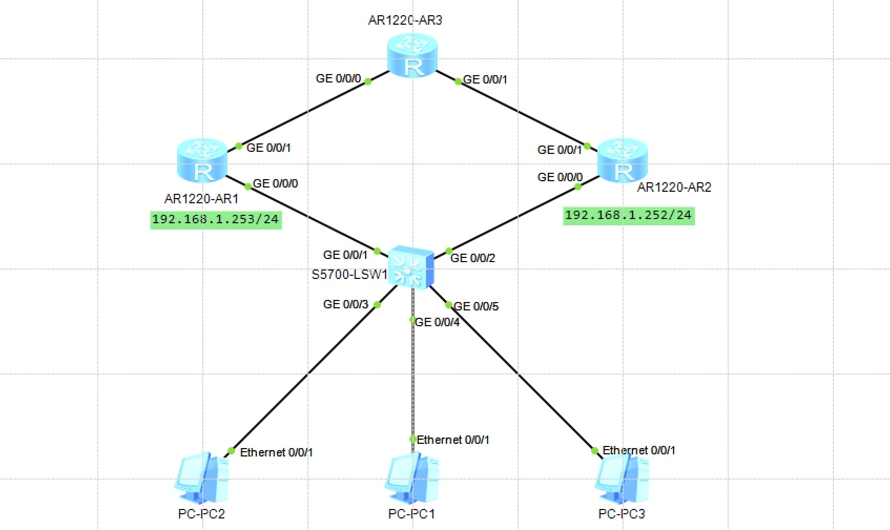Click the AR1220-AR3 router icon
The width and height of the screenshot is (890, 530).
click(412, 55)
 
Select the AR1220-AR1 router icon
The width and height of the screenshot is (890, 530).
click(202, 160)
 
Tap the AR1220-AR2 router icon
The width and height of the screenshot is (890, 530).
click(623, 160)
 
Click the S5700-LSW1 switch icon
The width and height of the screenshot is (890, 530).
click(411, 267)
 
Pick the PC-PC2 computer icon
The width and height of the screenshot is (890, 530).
click(202, 478)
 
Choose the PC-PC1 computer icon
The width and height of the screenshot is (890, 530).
click(412, 478)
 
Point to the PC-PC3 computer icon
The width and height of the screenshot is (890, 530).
click(622, 478)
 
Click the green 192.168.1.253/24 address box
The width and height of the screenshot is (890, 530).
click(216, 220)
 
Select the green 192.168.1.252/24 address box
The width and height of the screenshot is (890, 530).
click(628, 216)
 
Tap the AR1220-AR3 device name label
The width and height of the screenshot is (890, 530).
click(405, 20)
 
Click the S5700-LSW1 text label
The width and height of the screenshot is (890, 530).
click(349, 275)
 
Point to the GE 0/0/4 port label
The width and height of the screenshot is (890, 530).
click(437, 322)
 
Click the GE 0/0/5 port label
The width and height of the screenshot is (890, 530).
click(476, 306)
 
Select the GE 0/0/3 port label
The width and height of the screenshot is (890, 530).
click(346, 304)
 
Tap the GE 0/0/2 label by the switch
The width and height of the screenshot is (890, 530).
click(472, 258)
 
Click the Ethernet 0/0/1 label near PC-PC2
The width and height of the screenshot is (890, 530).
click(276, 452)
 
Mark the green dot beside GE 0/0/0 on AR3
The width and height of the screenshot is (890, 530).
click(368, 82)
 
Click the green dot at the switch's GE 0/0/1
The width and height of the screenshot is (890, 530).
click(377, 251)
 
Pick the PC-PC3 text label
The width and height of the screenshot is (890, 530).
click(622, 514)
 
